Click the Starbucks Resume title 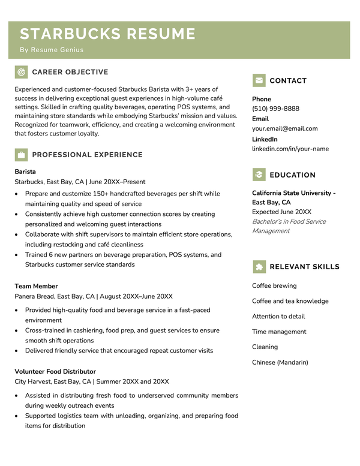(x=108, y=34)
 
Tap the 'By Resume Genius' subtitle (x=52, y=50)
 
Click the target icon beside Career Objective (x=21, y=72)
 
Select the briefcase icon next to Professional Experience (x=21, y=155)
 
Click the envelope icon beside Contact (x=259, y=80)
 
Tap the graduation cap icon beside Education (x=259, y=175)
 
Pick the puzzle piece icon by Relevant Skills (x=259, y=267)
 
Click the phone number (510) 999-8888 (x=275, y=109)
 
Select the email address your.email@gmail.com (x=285, y=128)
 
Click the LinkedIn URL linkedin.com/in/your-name (x=290, y=149)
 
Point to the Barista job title (x=25, y=172)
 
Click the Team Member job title (x=36, y=286)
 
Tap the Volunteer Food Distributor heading (x=55, y=371)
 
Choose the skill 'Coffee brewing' (x=274, y=285)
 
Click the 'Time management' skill (x=279, y=332)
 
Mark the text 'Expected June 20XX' (x=281, y=212)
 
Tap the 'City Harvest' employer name (x=32, y=381)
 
